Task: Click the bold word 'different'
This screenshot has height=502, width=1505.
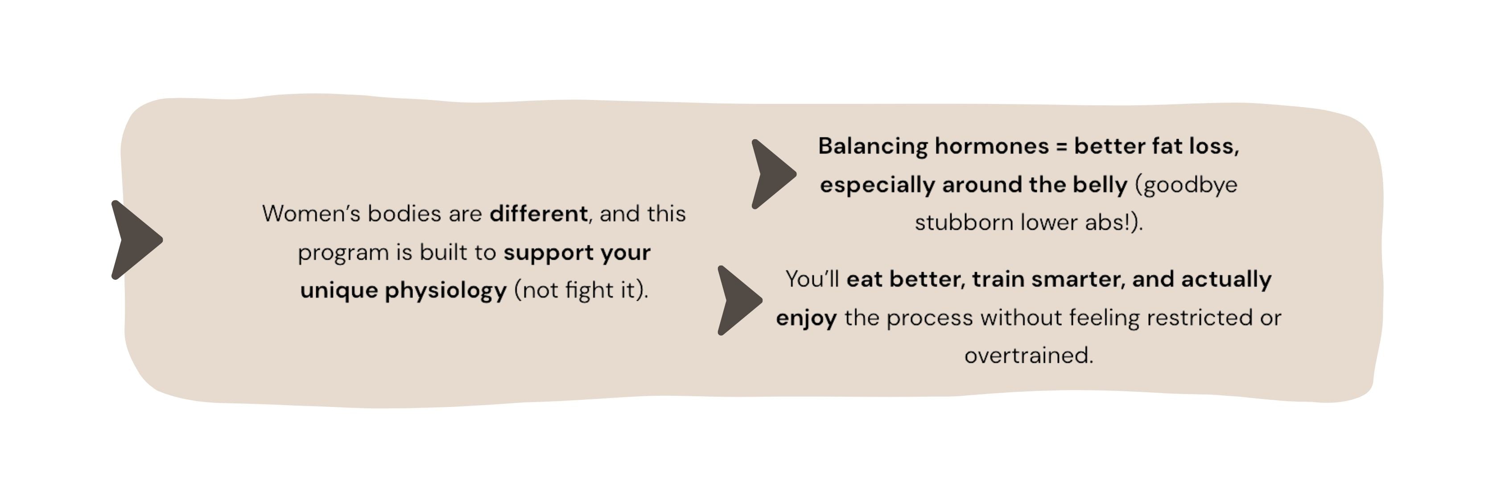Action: [539, 214]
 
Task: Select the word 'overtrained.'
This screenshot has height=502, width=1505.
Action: [1029, 355]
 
